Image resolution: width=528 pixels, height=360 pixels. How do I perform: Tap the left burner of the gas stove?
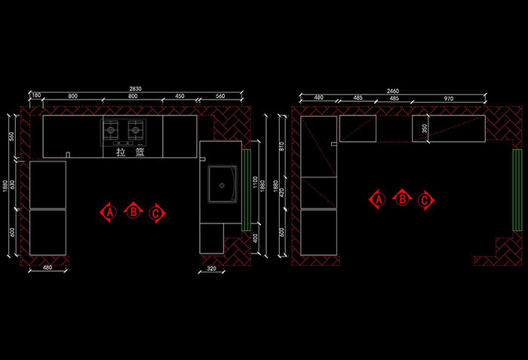112,130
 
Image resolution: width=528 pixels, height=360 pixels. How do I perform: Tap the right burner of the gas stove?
137,130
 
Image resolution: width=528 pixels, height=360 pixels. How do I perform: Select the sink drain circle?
222,183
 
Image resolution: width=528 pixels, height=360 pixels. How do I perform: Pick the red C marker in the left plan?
156,214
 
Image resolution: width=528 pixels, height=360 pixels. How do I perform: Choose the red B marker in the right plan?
403,199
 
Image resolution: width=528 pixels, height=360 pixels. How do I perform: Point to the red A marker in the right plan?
379,199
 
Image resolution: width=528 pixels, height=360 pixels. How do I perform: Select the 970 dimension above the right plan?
449,99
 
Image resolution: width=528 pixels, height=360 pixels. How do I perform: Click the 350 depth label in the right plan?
424,129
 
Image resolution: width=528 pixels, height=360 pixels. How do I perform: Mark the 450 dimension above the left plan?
179,97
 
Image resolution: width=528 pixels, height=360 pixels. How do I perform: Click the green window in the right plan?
517,189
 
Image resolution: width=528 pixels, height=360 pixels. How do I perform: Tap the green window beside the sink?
246,189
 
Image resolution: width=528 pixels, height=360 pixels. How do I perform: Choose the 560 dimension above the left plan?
220,97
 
